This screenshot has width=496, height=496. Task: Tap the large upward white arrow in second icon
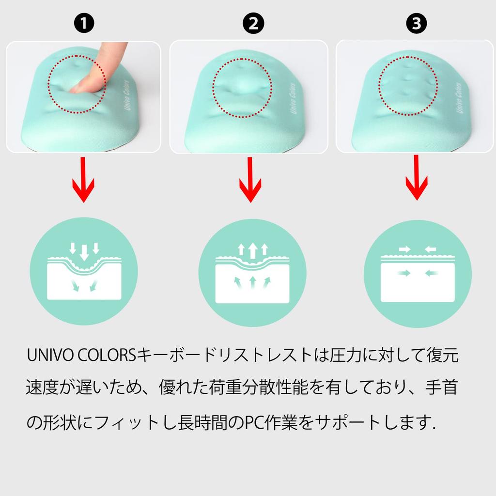[252, 251]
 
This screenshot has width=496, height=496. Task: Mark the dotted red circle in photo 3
[407, 86]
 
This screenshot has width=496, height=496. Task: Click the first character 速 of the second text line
[35, 388]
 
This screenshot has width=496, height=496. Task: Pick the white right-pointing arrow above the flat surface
[404, 249]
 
